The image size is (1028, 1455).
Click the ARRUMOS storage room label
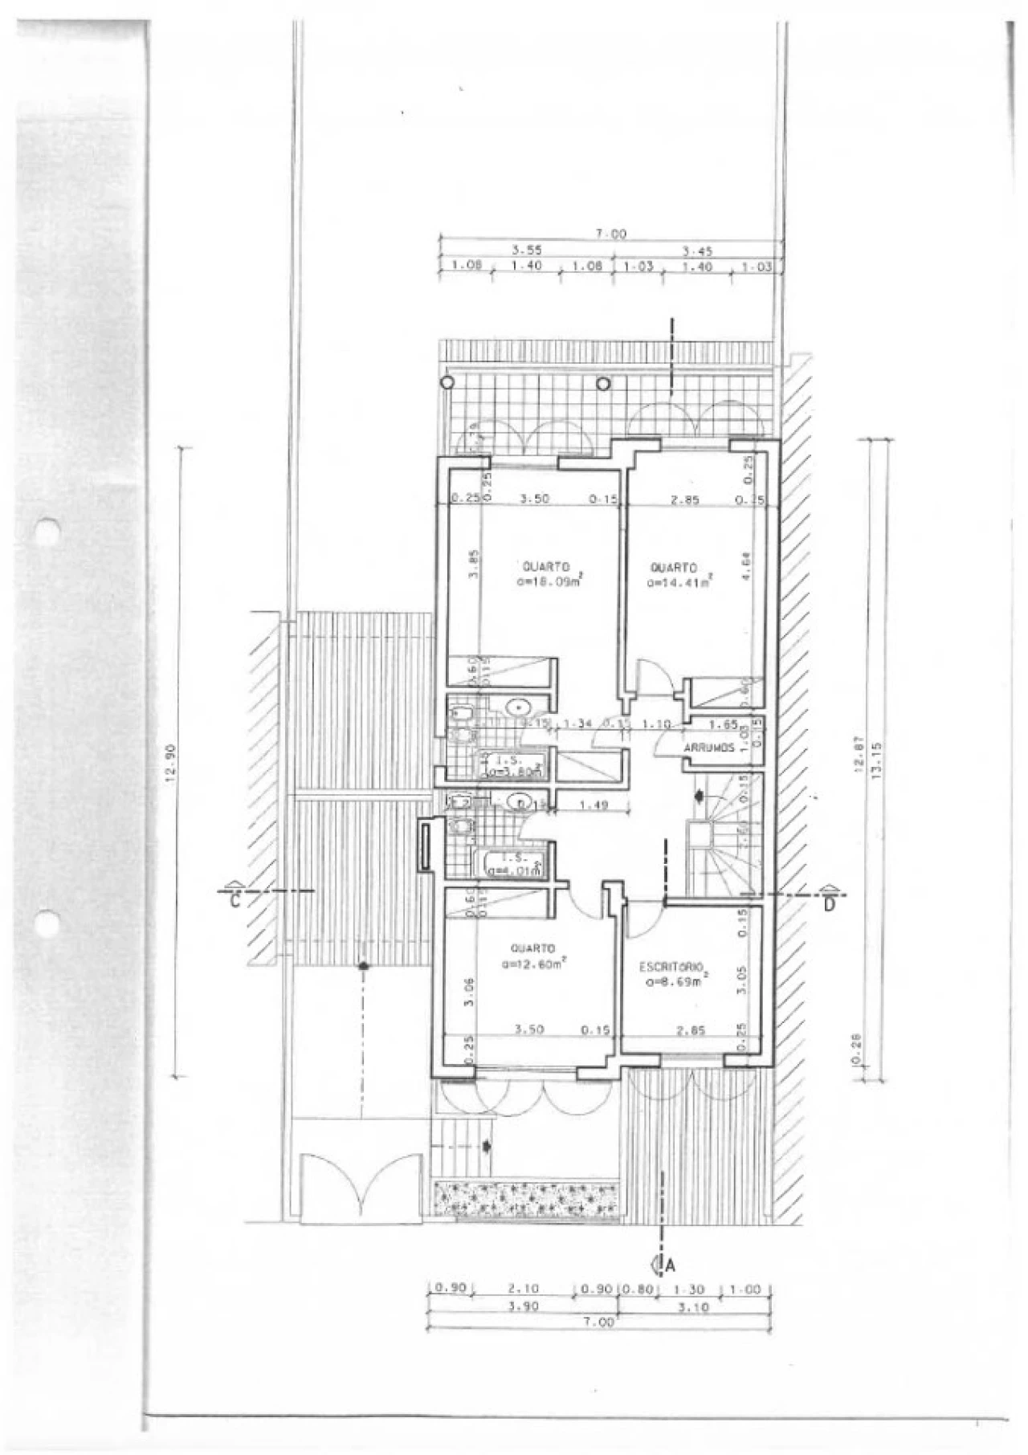[709, 748]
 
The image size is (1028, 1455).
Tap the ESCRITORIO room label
[671, 965]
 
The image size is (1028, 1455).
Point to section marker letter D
[829, 906]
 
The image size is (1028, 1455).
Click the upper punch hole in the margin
[47, 532]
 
